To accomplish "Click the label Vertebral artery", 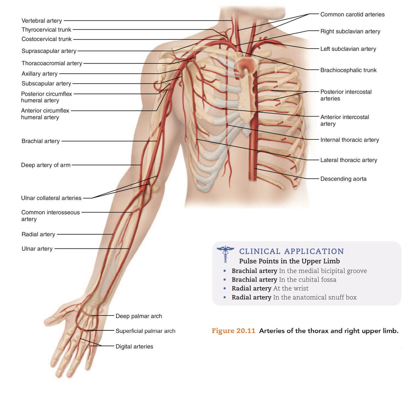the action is click(42, 21).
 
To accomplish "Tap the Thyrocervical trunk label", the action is click(46, 30).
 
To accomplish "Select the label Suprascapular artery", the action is click(49, 51).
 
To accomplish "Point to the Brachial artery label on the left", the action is click(41, 141).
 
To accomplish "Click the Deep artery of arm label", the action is click(46, 165).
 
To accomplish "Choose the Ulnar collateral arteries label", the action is click(51, 198).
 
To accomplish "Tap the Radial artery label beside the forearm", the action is click(38, 234).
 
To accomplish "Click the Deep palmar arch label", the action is click(139, 316).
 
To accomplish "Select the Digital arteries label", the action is click(134, 347).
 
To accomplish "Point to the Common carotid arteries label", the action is click(352, 15).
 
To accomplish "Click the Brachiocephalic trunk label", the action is click(348, 70).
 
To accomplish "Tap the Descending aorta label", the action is click(343, 179).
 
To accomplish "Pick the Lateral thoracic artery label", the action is click(349, 160).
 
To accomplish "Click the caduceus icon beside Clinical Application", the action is click(225, 254).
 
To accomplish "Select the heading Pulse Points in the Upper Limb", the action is click(289, 261).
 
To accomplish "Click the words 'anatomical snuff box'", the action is click(326, 297).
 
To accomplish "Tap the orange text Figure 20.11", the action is click(233, 331).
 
